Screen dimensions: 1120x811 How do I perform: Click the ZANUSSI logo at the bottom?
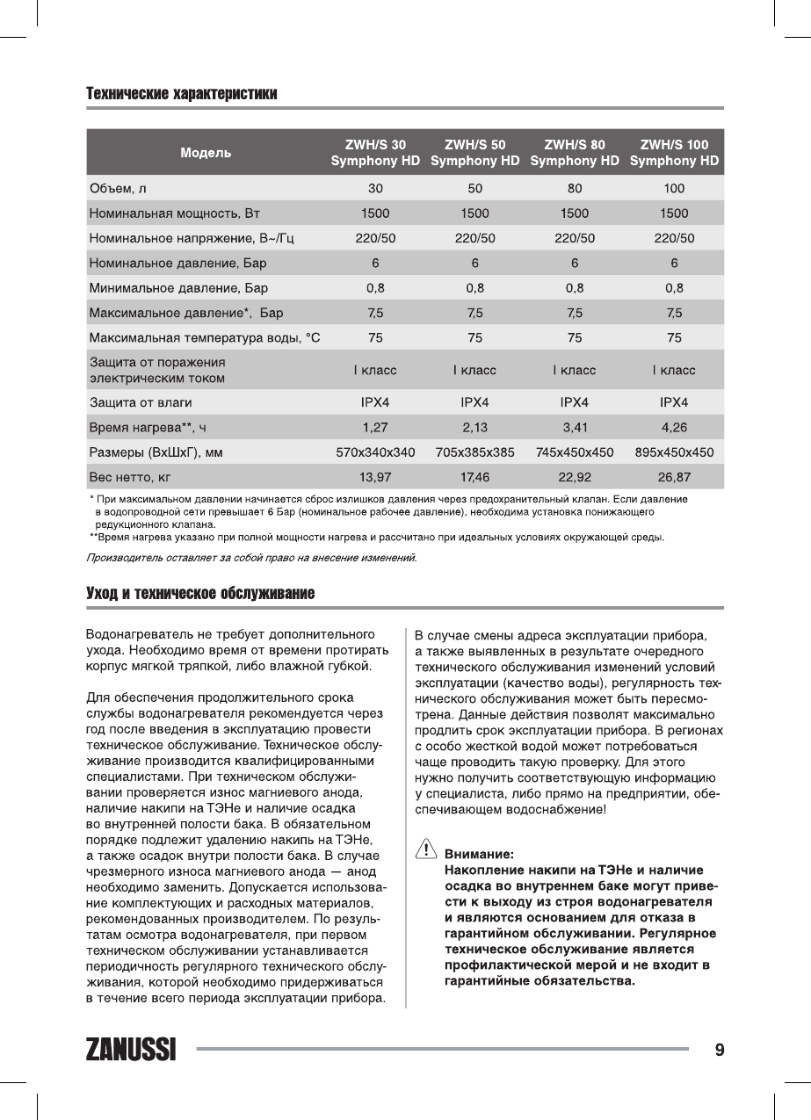[131, 1050]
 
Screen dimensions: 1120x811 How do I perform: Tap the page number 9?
[720, 1050]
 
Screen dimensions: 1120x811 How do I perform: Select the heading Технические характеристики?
[182, 93]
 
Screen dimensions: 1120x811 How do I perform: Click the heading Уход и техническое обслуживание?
[199, 594]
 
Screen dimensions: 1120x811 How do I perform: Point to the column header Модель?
[206, 153]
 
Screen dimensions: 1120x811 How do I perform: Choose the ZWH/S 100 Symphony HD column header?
[674, 153]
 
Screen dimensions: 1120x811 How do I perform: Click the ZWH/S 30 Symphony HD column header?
[375, 153]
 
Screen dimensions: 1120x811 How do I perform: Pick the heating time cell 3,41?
[574, 428]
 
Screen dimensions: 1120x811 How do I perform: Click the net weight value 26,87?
[674, 478]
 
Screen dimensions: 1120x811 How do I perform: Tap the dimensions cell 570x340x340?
[375, 453]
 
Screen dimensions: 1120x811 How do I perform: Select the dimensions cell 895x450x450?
[674, 453]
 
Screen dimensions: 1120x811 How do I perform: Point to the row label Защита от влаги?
[141, 402]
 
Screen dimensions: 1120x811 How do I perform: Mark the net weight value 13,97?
[375, 478]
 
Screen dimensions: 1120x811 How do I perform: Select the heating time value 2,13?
[474, 428]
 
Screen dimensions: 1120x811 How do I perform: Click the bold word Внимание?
[480, 853]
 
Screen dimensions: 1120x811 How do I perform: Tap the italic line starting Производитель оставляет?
[251, 557]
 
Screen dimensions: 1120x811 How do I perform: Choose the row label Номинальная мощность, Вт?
[176, 213]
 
